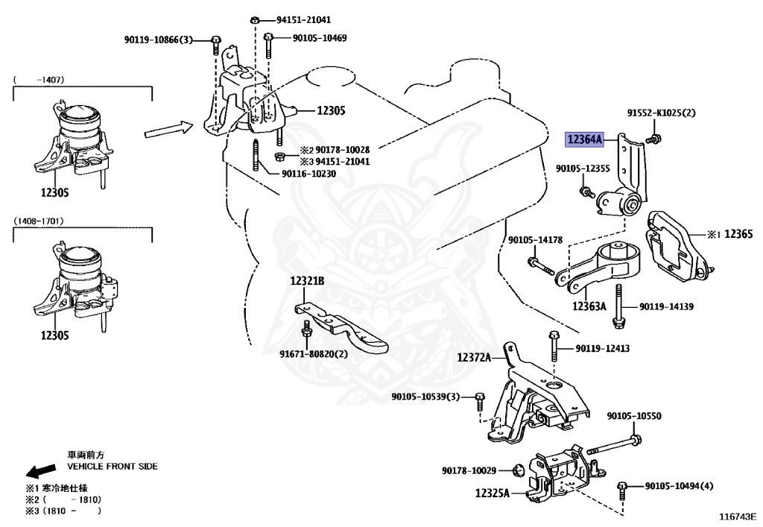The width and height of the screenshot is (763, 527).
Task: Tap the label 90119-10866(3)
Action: click(x=158, y=39)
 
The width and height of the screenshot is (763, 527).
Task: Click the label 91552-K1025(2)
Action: click(x=660, y=113)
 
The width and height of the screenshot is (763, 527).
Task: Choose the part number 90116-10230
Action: click(x=308, y=174)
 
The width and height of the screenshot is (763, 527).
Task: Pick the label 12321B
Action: click(x=307, y=281)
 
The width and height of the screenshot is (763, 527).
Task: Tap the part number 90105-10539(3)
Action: click(x=425, y=396)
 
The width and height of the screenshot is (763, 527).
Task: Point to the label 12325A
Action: click(x=493, y=493)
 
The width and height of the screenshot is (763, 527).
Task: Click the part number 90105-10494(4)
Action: click(x=679, y=486)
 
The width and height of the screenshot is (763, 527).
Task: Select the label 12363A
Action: click(x=589, y=306)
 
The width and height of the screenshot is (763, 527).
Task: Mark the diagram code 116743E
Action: click(x=737, y=515)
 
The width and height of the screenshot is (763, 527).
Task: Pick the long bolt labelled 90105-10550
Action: click(x=612, y=449)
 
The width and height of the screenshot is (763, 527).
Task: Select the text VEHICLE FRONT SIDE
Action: click(x=113, y=466)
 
